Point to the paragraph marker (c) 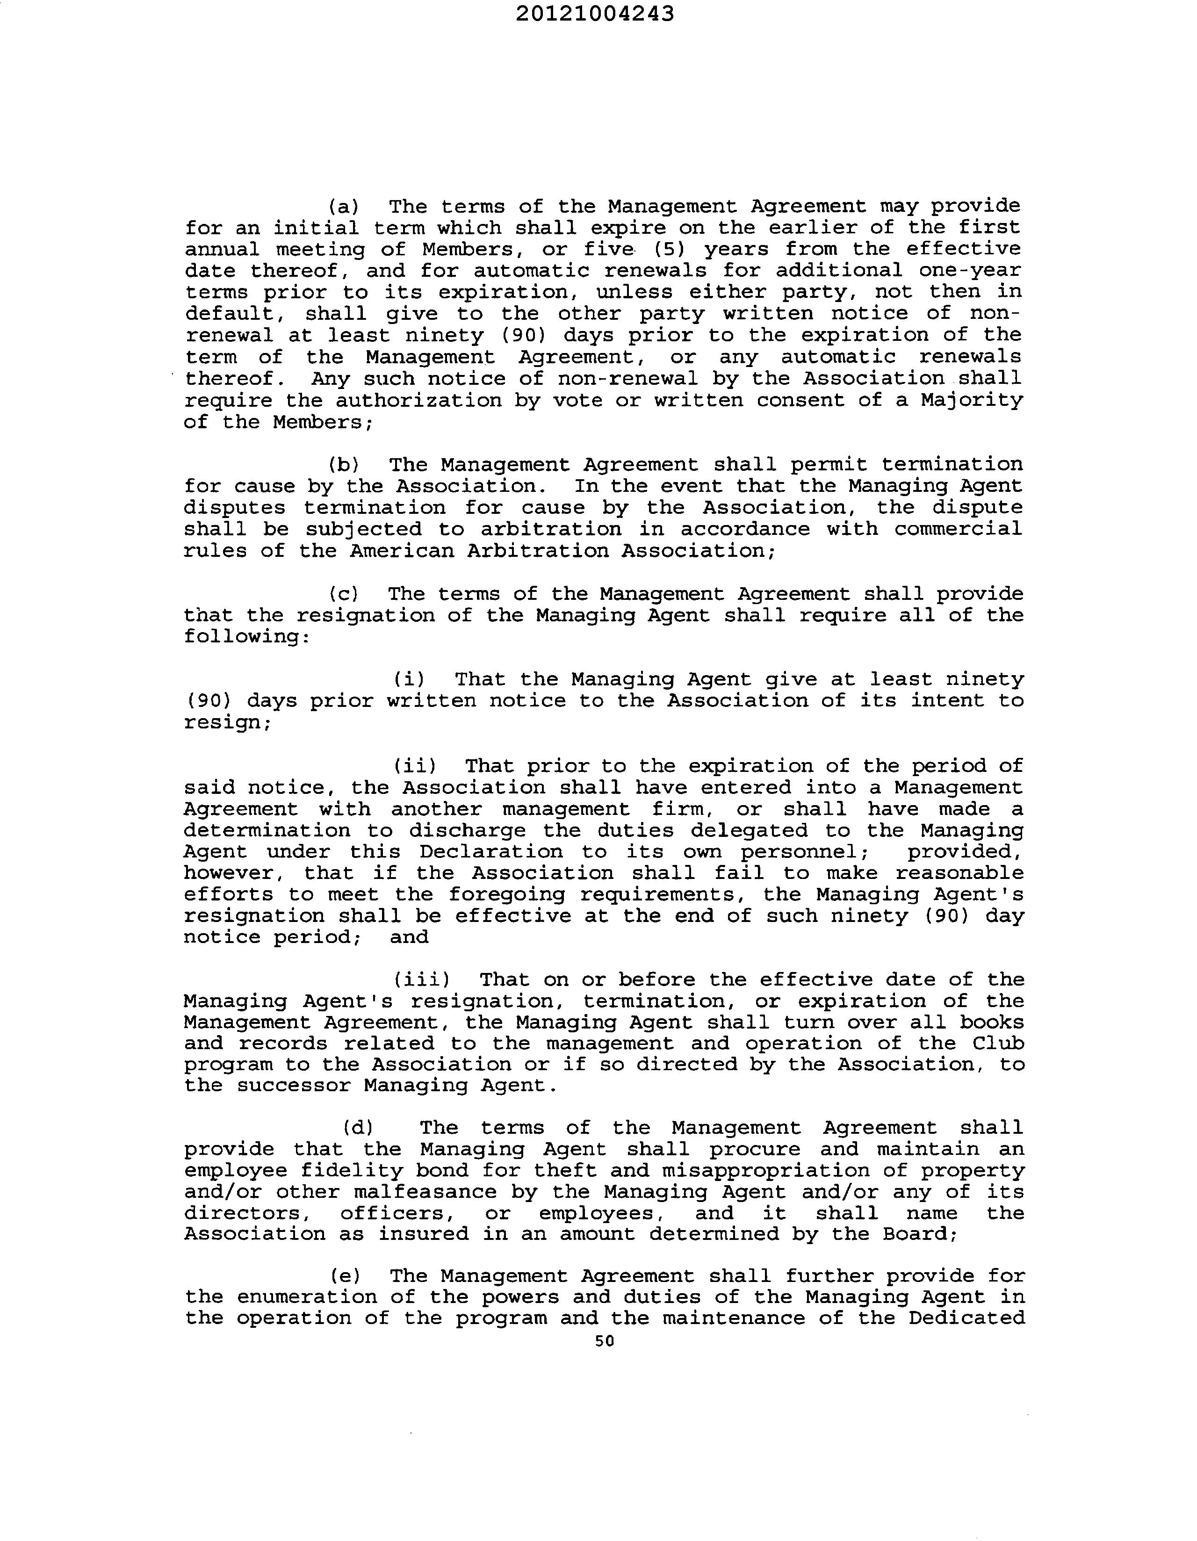click(344, 594)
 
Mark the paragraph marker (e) click(345, 1276)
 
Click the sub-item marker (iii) click(421, 979)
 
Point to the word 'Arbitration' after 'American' click(538, 551)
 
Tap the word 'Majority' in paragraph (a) click(972, 401)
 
